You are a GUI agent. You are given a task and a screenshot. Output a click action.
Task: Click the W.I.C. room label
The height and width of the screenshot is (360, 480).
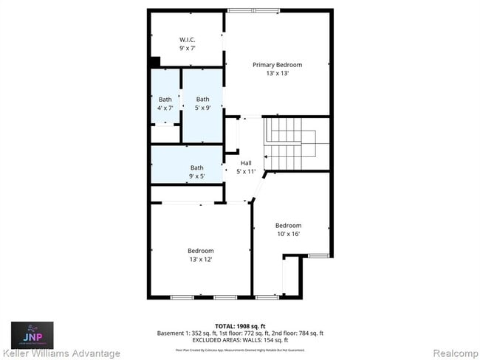coord(186,39)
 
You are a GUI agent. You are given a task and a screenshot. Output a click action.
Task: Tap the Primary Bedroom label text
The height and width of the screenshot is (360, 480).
coord(277,65)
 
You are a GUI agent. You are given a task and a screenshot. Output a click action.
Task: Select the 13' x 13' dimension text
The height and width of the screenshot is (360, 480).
coord(277,73)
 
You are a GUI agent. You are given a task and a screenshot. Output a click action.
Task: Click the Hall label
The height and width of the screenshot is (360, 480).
coord(246,163)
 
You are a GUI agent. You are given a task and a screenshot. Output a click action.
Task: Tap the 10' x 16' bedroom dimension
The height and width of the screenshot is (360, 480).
coord(288,234)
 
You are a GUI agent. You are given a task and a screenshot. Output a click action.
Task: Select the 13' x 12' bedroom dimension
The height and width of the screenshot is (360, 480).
coord(200,259)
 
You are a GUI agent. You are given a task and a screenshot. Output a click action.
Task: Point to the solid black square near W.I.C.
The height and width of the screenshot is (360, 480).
coord(155,63)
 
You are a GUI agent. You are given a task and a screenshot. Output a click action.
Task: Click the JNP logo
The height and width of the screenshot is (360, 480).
coord(31,334)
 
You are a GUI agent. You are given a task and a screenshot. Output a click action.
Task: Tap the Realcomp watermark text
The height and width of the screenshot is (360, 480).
coord(456,353)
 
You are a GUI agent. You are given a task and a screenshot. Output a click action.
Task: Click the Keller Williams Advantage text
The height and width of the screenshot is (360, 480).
coord(61,353)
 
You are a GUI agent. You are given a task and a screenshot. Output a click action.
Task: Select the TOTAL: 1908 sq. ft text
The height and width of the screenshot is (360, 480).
coord(240,325)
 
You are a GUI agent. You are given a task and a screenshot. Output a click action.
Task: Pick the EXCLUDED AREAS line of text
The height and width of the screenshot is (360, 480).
coord(240,340)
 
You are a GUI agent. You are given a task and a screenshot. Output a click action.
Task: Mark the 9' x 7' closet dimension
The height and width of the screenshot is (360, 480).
coord(186,48)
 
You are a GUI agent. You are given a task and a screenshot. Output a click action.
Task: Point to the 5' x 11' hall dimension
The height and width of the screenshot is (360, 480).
coord(246,171)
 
